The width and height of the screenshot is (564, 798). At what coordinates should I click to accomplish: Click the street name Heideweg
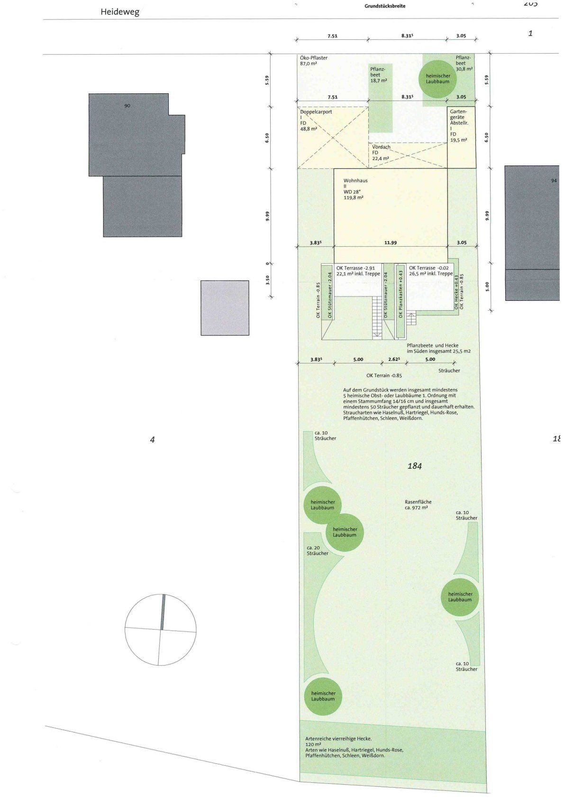click(120, 12)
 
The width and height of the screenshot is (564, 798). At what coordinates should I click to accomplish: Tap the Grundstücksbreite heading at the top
click(385, 6)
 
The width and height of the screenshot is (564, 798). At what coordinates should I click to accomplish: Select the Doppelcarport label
click(316, 112)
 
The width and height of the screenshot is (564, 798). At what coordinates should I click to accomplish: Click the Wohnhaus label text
click(355, 181)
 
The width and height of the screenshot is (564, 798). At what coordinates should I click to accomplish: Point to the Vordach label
click(381, 147)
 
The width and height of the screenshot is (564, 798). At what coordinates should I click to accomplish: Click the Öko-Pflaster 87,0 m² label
click(314, 61)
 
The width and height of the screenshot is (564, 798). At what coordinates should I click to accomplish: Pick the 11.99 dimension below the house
click(391, 242)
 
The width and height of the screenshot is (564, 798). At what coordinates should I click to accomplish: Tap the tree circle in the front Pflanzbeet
click(437, 79)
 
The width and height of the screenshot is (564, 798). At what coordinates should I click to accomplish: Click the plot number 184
click(415, 465)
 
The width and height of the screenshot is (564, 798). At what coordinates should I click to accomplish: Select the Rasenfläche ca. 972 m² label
click(418, 504)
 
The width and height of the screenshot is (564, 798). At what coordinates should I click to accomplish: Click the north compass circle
click(161, 630)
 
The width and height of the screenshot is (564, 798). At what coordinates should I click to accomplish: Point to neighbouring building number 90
click(127, 106)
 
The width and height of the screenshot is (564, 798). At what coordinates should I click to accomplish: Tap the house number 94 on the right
click(554, 181)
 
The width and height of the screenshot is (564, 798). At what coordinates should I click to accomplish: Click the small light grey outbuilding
click(225, 308)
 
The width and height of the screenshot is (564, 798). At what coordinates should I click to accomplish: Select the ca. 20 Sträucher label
click(318, 550)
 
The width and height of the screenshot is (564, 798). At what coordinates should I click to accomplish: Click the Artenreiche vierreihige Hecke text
click(338, 739)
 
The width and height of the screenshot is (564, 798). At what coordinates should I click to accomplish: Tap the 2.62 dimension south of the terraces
click(394, 359)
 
